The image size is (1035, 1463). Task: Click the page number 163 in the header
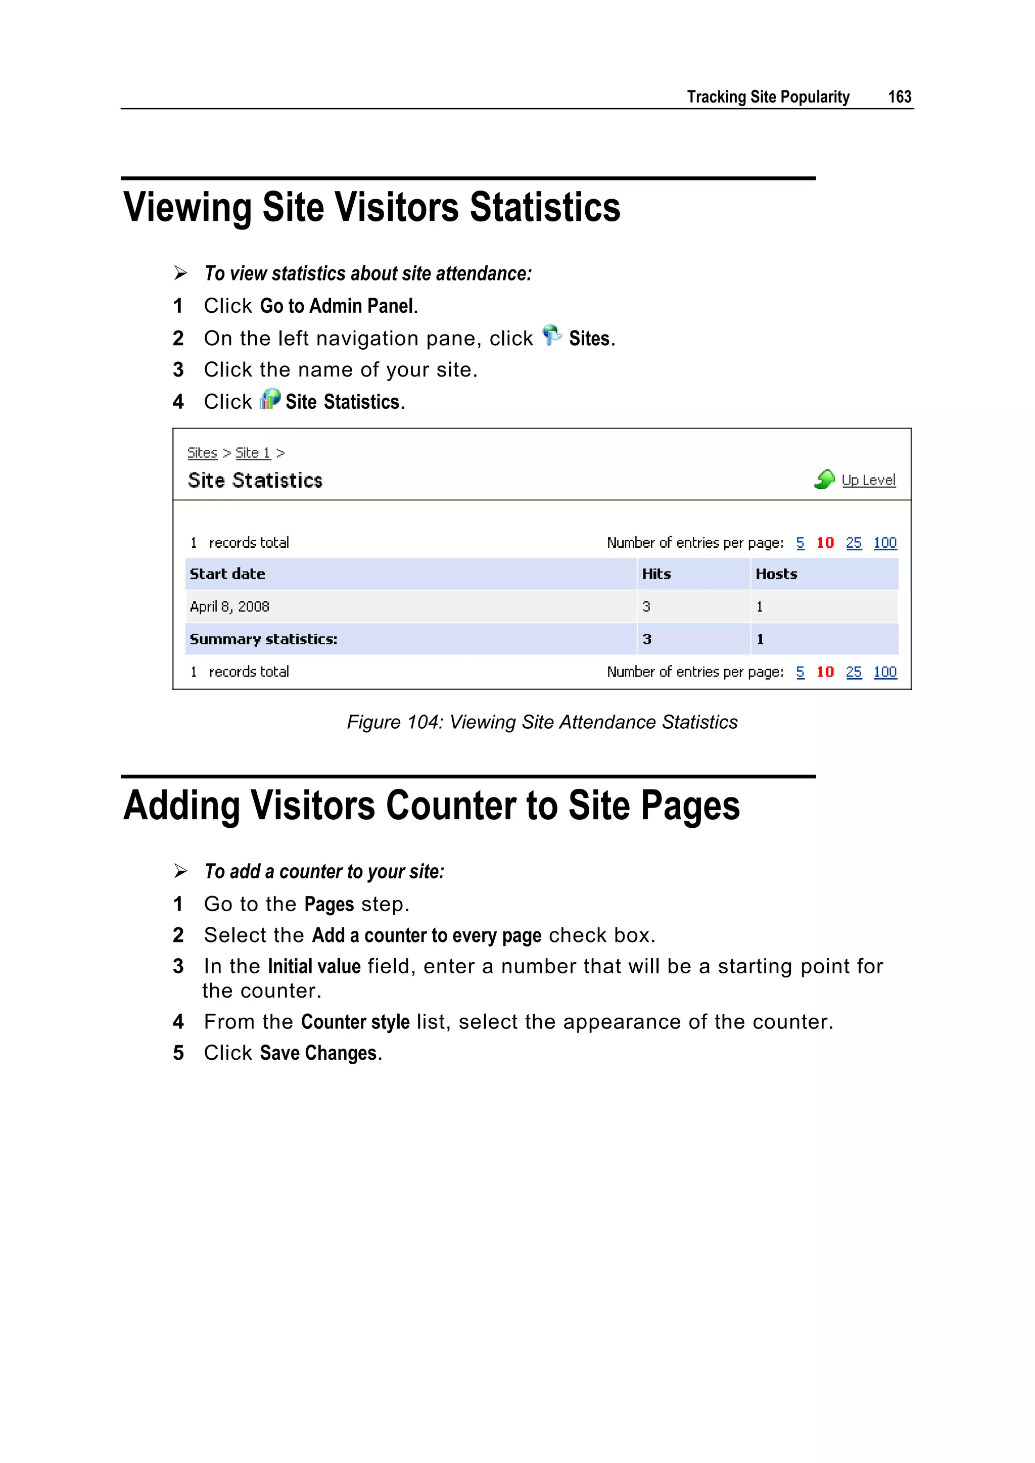click(899, 97)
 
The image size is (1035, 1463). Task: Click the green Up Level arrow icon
click(824, 479)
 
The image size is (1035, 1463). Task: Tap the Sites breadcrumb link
click(202, 453)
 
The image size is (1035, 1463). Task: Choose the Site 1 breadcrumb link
click(252, 453)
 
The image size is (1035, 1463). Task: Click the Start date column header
click(227, 574)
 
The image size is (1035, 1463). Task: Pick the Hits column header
click(656, 574)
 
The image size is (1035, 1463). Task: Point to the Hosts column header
click(776, 574)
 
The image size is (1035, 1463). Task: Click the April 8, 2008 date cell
click(229, 606)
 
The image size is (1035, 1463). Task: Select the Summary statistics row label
click(263, 639)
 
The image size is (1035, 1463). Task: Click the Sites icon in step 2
click(551, 335)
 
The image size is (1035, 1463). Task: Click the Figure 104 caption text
click(542, 722)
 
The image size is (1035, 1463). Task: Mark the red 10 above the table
click(825, 543)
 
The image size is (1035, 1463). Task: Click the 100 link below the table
click(884, 672)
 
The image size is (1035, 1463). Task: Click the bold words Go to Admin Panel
click(337, 306)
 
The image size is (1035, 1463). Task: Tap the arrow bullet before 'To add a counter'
click(180, 871)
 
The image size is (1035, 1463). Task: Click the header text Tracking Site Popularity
click(768, 97)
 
